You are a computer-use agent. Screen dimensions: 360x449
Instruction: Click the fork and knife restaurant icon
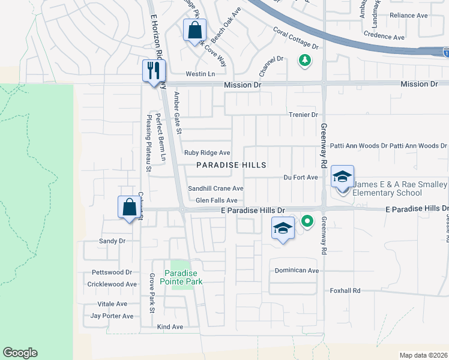click(151, 70)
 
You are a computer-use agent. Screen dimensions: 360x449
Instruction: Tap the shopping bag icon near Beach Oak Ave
click(195, 30)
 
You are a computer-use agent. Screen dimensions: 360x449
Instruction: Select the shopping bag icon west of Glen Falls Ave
click(129, 208)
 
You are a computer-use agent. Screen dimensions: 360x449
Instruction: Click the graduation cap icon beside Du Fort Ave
click(342, 176)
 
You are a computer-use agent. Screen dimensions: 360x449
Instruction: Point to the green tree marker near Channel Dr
click(305, 60)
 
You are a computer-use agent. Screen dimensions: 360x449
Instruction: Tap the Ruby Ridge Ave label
click(207, 153)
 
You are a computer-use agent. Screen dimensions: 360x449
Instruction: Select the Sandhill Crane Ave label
click(215, 188)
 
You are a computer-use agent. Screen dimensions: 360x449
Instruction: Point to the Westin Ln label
click(200, 74)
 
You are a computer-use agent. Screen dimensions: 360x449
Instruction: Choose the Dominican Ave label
click(297, 271)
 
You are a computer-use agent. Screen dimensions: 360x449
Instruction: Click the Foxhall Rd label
click(345, 290)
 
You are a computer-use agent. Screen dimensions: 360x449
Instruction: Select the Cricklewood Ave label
click(112, 284)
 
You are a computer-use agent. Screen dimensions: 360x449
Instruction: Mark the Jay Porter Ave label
click(112, 316)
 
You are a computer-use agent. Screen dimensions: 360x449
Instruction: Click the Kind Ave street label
click(170, 327)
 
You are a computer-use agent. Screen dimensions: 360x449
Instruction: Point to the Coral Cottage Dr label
click(295, 37)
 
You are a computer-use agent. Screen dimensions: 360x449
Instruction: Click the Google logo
click(20, 353)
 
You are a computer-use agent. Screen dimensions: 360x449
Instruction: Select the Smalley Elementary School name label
click(400, 188)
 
